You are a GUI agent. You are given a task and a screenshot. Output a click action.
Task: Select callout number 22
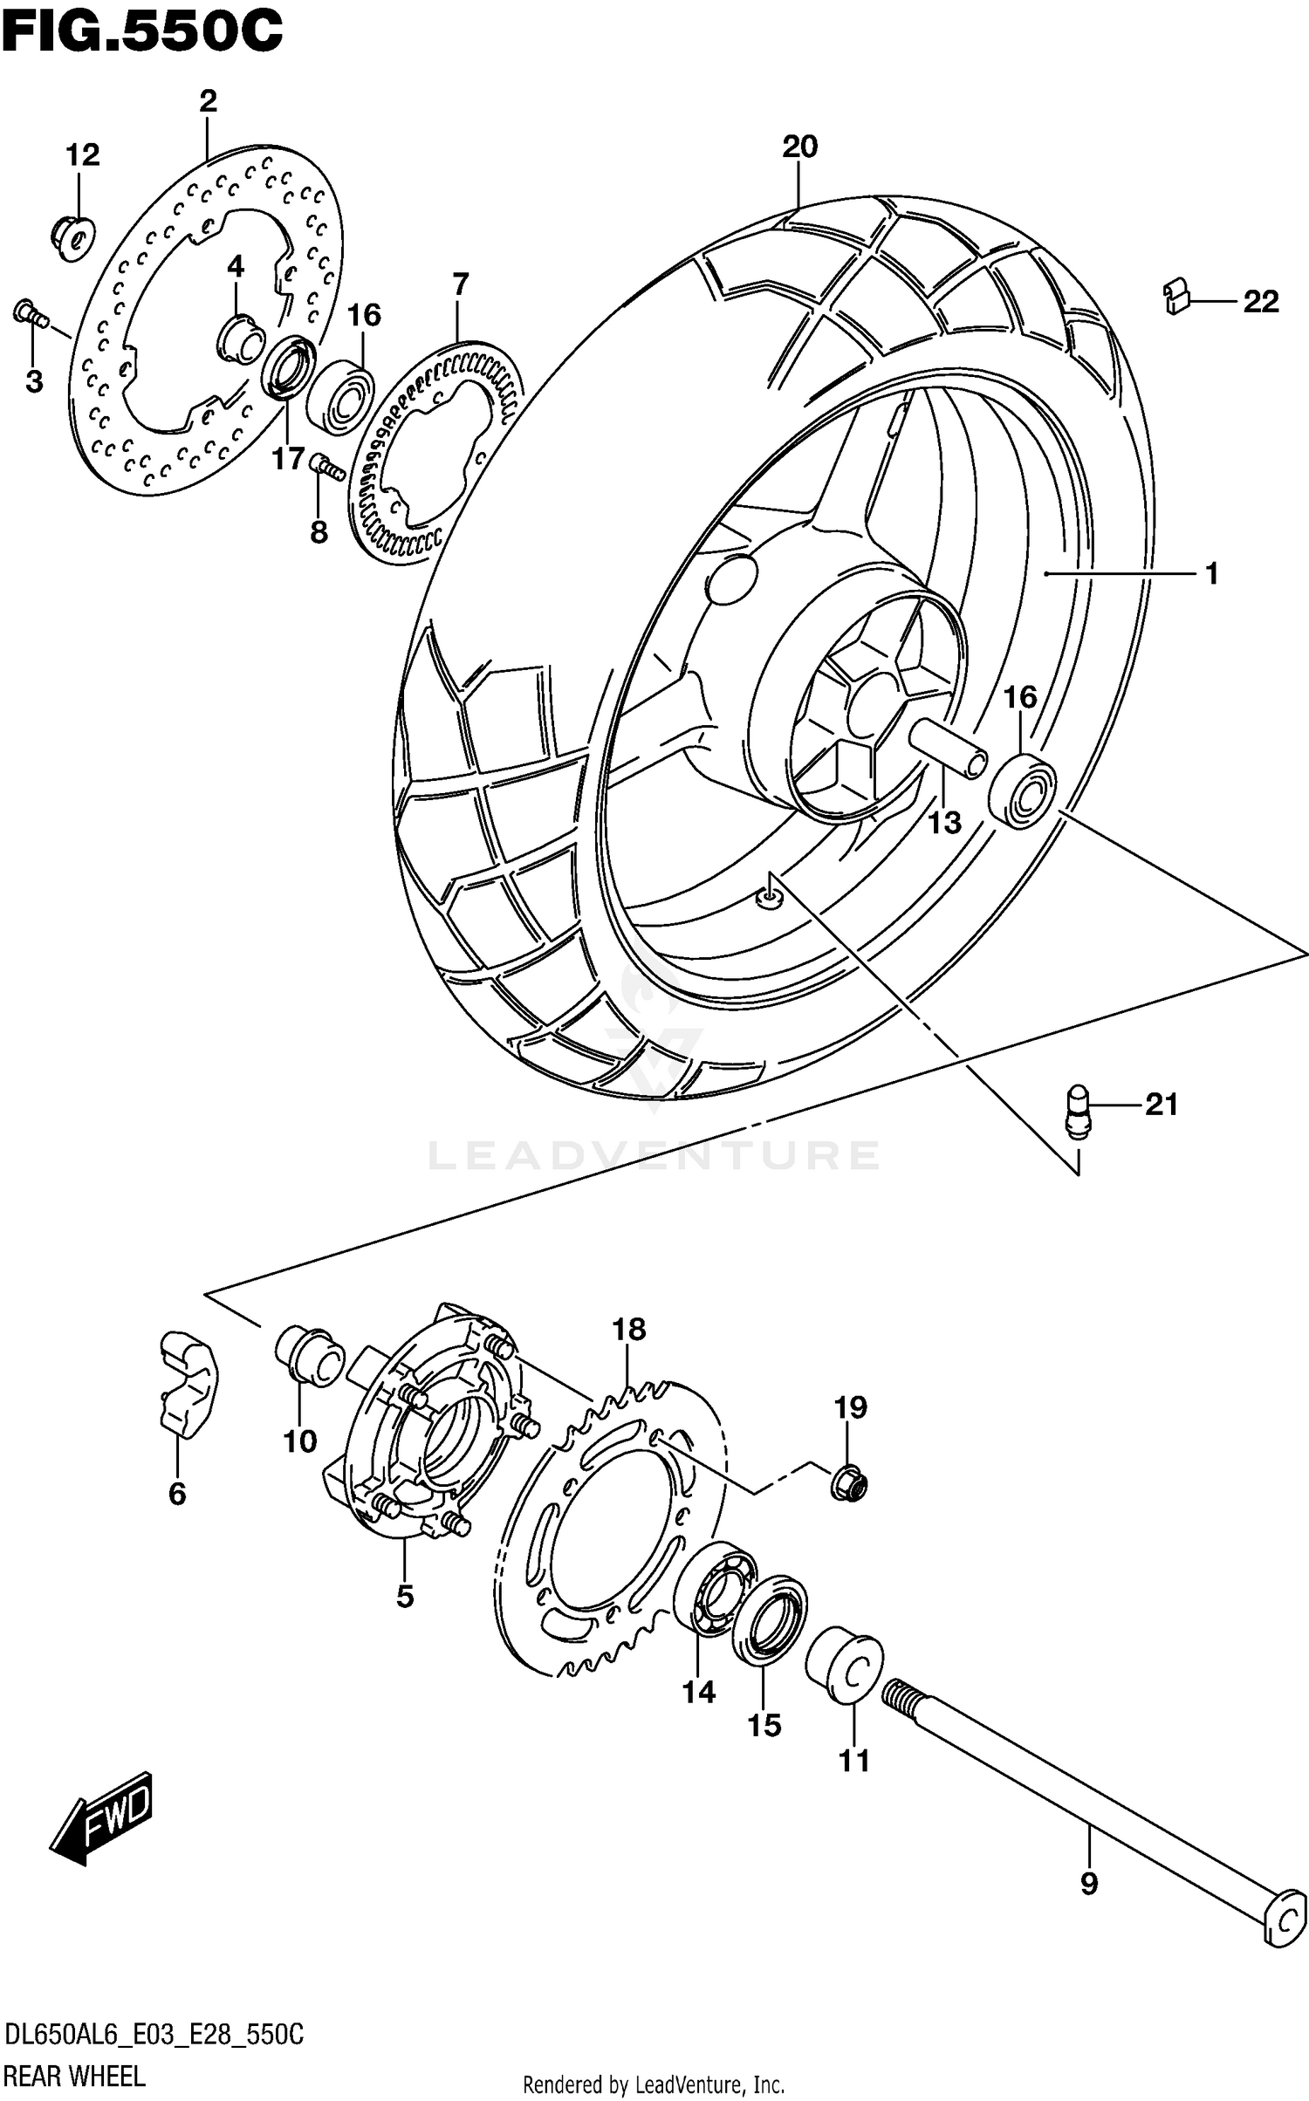coord(1260,302)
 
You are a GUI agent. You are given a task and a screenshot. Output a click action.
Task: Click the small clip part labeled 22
coord(1178,295)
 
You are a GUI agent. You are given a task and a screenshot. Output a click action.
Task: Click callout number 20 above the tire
coord(799,147)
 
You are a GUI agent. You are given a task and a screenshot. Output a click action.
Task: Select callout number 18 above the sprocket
coord(628,1330)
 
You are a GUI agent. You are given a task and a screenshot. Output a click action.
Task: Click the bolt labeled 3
coord(31,315)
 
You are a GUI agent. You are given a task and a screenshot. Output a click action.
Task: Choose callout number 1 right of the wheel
coord(1211,573)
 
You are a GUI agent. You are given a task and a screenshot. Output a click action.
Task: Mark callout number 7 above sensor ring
coord(460,284)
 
